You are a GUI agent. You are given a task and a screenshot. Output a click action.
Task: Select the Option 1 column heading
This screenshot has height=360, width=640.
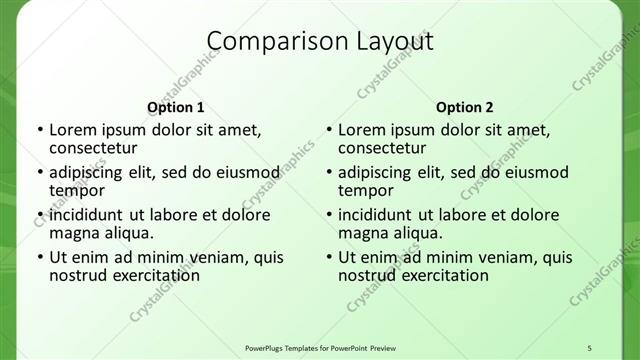click(x=175, y=107)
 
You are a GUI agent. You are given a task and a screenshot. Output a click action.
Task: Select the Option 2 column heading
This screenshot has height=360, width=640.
click(x=464, y=107)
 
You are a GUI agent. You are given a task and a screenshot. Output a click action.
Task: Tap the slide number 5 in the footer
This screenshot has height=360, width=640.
click(x=590, y=346)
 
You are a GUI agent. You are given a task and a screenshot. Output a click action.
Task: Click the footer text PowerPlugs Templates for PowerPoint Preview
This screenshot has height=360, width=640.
click(x=319, y=346)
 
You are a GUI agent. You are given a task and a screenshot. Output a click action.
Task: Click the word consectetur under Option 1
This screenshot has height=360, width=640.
click(x=92, y=147)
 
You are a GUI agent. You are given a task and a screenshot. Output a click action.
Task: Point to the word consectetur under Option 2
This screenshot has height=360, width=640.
click(x=381, y=147)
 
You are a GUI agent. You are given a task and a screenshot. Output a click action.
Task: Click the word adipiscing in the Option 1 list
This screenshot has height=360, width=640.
click(x=89, y=172)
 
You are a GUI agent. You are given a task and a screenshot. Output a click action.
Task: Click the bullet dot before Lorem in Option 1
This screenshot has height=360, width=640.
click(x=39, y=130)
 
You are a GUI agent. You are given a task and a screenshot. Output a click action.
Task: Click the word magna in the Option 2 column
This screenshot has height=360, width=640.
click(x=363, y=232)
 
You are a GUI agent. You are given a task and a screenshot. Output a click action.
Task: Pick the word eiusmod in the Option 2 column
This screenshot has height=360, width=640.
click(x=531, y=172)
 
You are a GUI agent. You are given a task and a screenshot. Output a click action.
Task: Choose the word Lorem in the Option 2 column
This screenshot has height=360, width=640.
click(x=361, y=129)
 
